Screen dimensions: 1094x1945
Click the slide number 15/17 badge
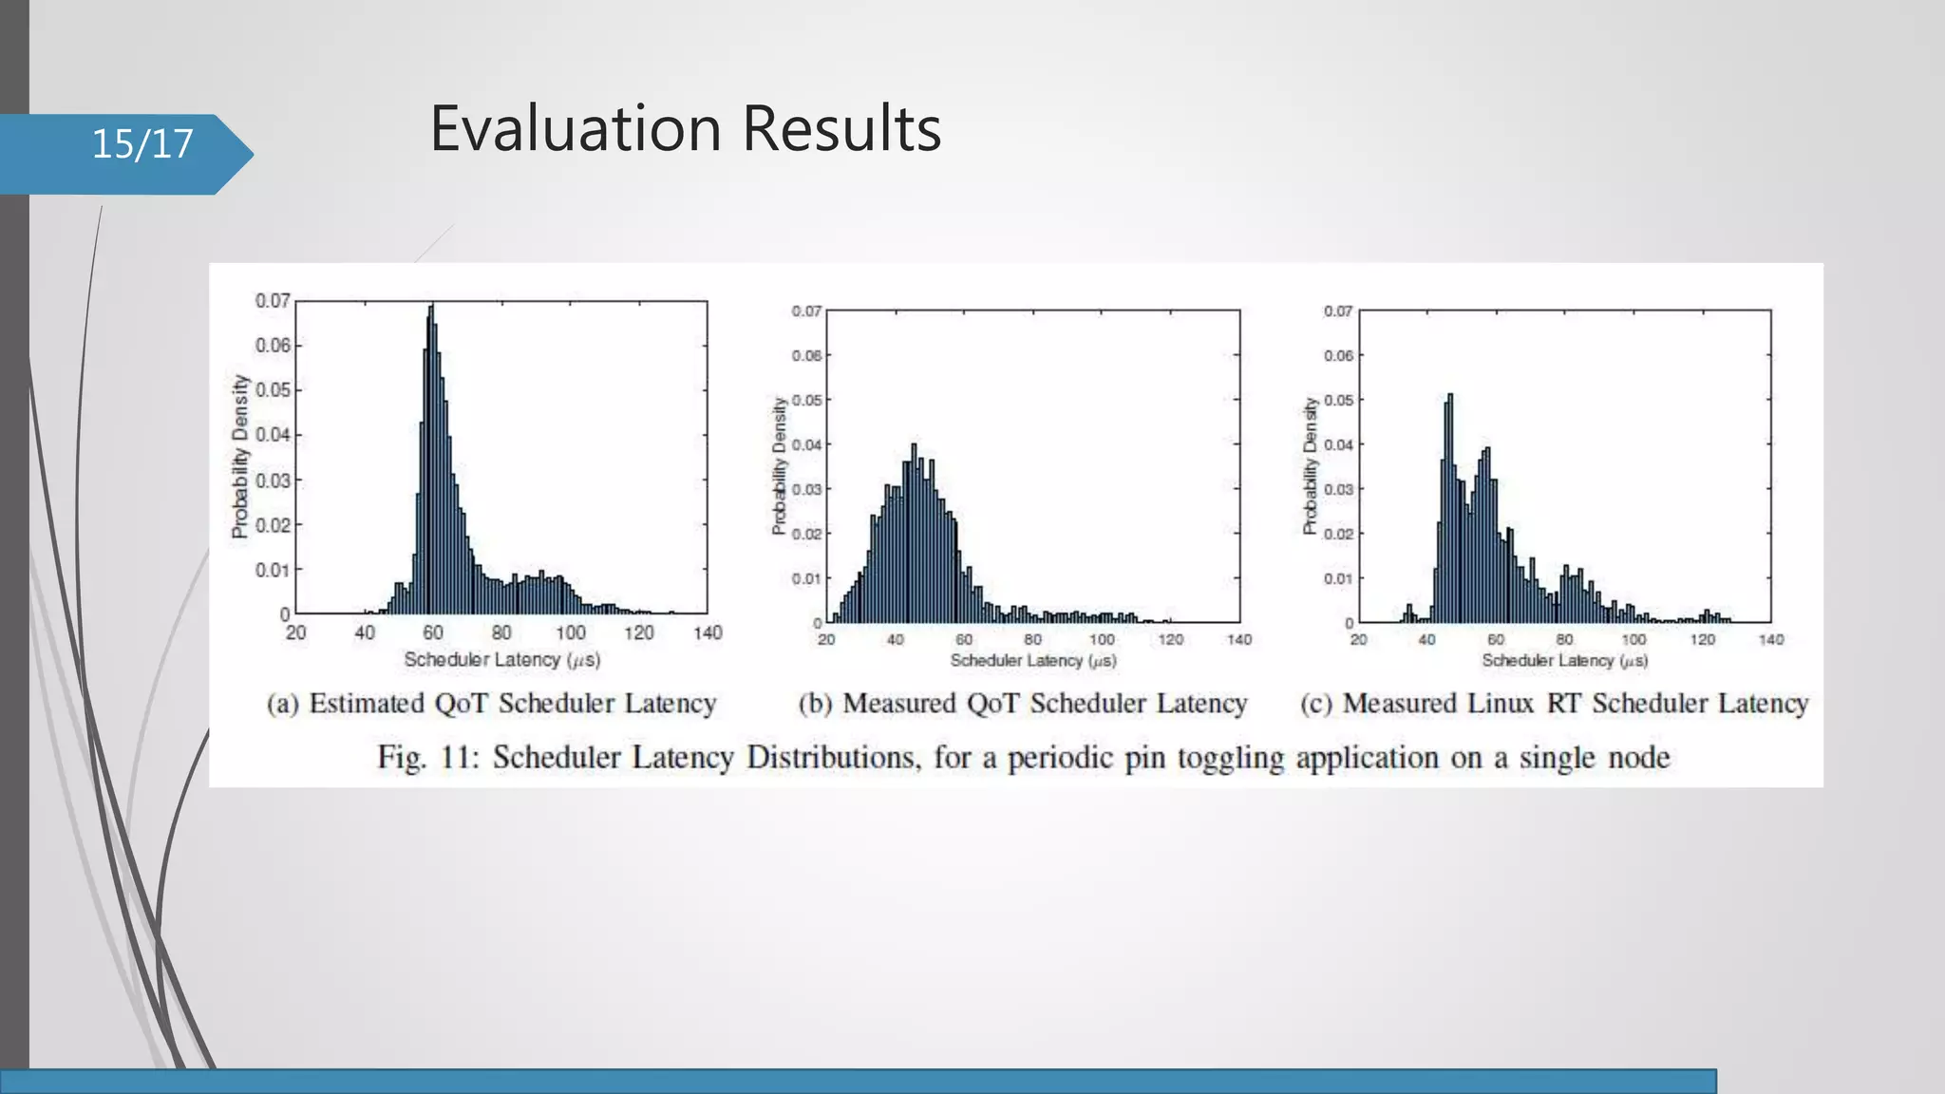point(142,144)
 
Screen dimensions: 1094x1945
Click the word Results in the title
point(841,128)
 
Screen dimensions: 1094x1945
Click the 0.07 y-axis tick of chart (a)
point(273,301)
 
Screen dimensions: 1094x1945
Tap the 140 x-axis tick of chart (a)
point(708,633)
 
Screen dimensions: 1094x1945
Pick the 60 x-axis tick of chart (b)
point(964,640)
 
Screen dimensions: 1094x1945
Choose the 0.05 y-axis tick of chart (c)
point(1338,400)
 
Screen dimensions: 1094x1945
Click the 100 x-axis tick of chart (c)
point(1633,640)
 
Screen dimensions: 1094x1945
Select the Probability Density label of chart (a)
point(240,456)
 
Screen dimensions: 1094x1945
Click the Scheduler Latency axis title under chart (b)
point(1033,660)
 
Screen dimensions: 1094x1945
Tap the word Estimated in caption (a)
point(367,704)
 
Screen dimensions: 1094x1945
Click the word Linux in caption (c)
point(1500,704)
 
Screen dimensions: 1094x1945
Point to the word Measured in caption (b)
point(899,704)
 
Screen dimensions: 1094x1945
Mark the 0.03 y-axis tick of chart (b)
point(806,489)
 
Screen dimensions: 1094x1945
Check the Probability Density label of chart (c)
point(1311,465)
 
